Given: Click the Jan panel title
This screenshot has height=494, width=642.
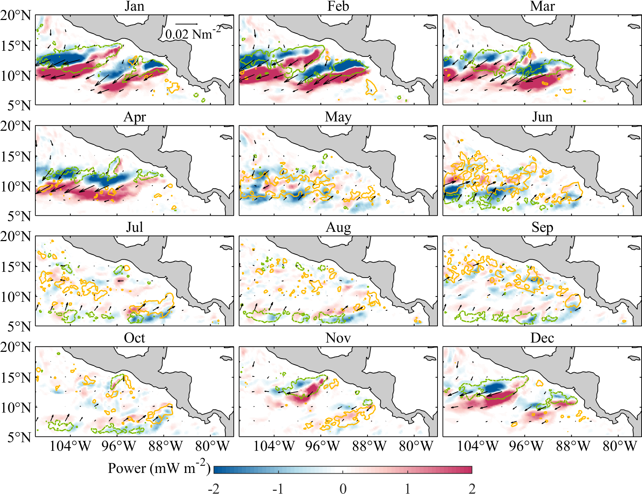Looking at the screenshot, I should point(134,6).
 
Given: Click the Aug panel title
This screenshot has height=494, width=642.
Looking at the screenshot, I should point(338,228).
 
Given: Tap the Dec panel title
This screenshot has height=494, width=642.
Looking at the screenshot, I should point(542,338).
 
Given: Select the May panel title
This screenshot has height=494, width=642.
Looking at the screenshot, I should point(338,117).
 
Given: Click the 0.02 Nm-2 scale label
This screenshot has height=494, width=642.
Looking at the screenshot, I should point(193,34).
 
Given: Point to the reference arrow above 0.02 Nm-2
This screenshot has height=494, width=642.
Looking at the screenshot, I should point(186,24).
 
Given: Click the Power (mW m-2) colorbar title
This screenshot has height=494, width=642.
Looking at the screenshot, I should point(159,468).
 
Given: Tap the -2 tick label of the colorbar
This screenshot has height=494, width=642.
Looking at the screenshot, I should point(213,488).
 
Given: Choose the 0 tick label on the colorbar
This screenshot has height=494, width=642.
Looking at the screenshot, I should point(343,488).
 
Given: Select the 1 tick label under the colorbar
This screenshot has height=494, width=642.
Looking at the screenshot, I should point(408,488).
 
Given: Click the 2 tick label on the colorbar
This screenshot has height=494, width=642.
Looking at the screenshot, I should point(472,488).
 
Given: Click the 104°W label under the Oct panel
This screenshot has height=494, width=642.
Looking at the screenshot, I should point(70,446).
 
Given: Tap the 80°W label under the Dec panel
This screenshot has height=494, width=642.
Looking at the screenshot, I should point(620,446).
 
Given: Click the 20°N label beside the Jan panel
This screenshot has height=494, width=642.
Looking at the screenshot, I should point(16,15).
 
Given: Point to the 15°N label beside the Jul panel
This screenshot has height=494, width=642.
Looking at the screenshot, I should point(16,266).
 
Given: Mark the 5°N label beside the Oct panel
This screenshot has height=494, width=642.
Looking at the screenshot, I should point(19,437).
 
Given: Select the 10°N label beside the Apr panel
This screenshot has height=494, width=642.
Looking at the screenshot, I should point(16,186).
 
